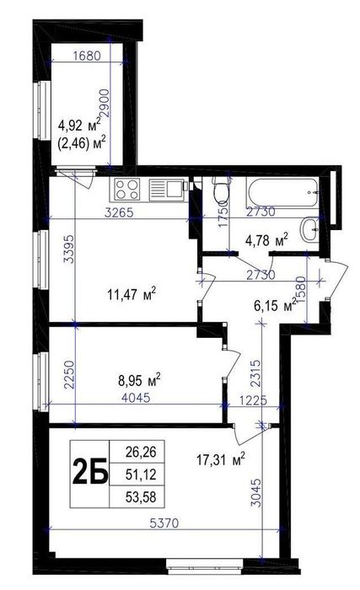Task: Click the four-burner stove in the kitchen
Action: click(129, 187)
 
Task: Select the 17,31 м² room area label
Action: click(219, 460)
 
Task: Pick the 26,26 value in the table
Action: click(140, 453)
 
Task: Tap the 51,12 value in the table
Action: click(140, 475)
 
